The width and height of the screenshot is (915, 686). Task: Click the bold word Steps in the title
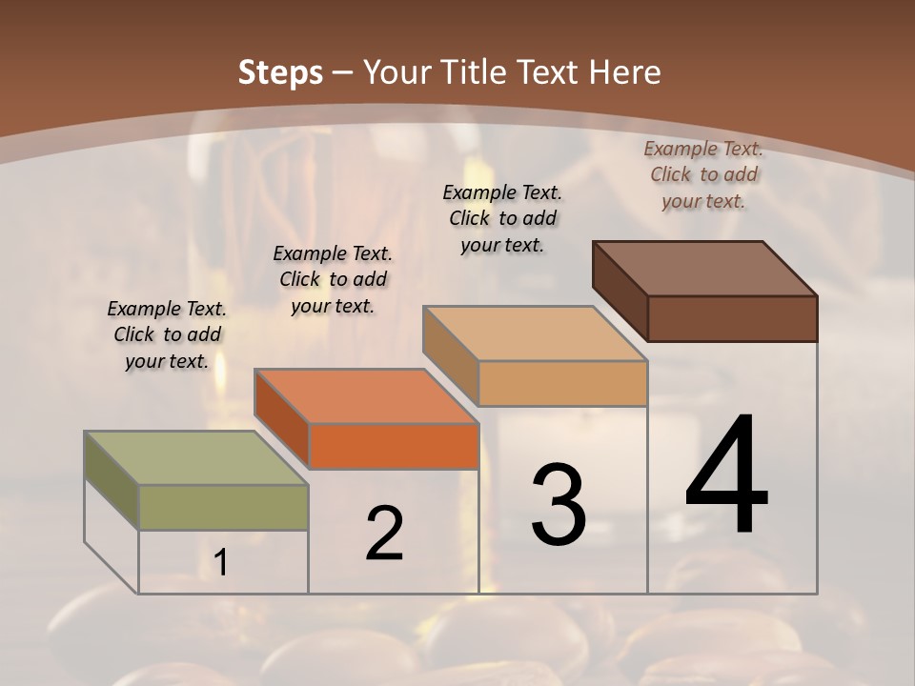(280, 72)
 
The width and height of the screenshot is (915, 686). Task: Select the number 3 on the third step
(558, 505)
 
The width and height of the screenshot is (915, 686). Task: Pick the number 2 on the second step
(385, 534)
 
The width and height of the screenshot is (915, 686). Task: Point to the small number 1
(221, 563)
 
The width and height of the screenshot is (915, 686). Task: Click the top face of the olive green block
(196, 458)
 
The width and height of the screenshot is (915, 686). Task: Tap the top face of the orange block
(366, 396)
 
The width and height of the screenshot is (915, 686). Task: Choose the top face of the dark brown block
(705, 269)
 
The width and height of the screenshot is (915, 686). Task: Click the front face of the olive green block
(223, 507)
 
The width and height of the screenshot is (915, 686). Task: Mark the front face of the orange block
(393, 446)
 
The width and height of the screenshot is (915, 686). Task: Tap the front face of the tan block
(562, 383)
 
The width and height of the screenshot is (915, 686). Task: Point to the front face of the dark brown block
(732, 318)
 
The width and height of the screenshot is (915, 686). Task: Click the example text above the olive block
(167, 334)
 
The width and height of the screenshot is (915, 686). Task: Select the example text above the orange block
(333, 279)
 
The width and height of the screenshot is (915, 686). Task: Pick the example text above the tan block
(502, 218)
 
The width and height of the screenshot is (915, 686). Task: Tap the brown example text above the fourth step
(703, 174)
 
